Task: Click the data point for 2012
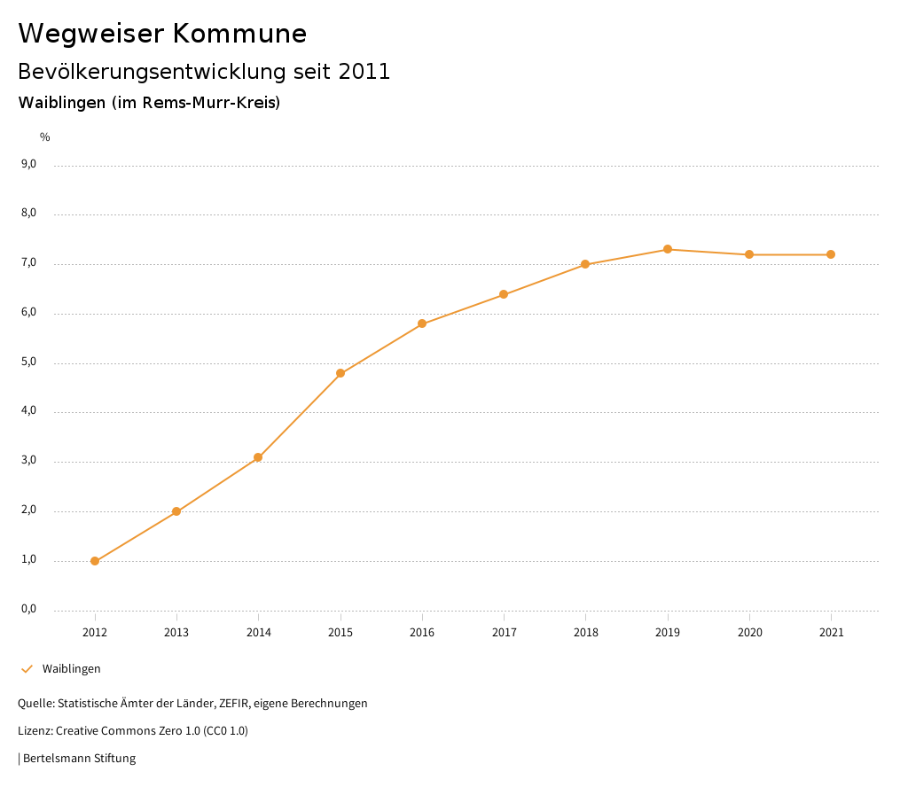(95, 561)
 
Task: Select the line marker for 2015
(340, 373)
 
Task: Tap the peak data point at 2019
(668, 249)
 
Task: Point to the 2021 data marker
(831, 254)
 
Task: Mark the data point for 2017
(504, 294)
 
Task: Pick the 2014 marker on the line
(258, 457)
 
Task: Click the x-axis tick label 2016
(422, 633)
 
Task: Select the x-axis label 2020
(749, 633)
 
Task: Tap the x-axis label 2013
(176, 633)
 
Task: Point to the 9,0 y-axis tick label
(28, 164)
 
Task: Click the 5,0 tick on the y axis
(28, 362)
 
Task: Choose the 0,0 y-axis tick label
(28, 609)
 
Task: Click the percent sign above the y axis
(45, 137)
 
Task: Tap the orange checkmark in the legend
(27, 668)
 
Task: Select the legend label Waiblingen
(72, 669)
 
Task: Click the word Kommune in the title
(239, 34)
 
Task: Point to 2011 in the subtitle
(364, 72)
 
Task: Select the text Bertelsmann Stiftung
(79, 759)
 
